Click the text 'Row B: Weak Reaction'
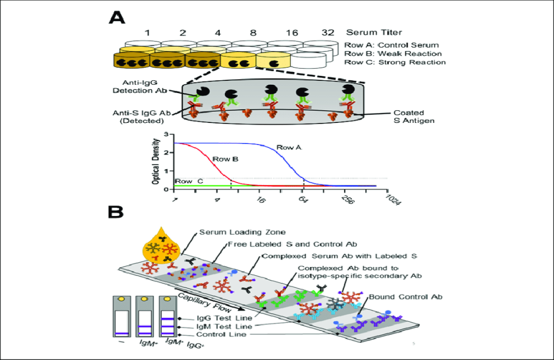(x=393, y=53)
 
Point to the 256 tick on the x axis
(x=347, y=199)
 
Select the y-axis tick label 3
(x=166, y=135)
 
